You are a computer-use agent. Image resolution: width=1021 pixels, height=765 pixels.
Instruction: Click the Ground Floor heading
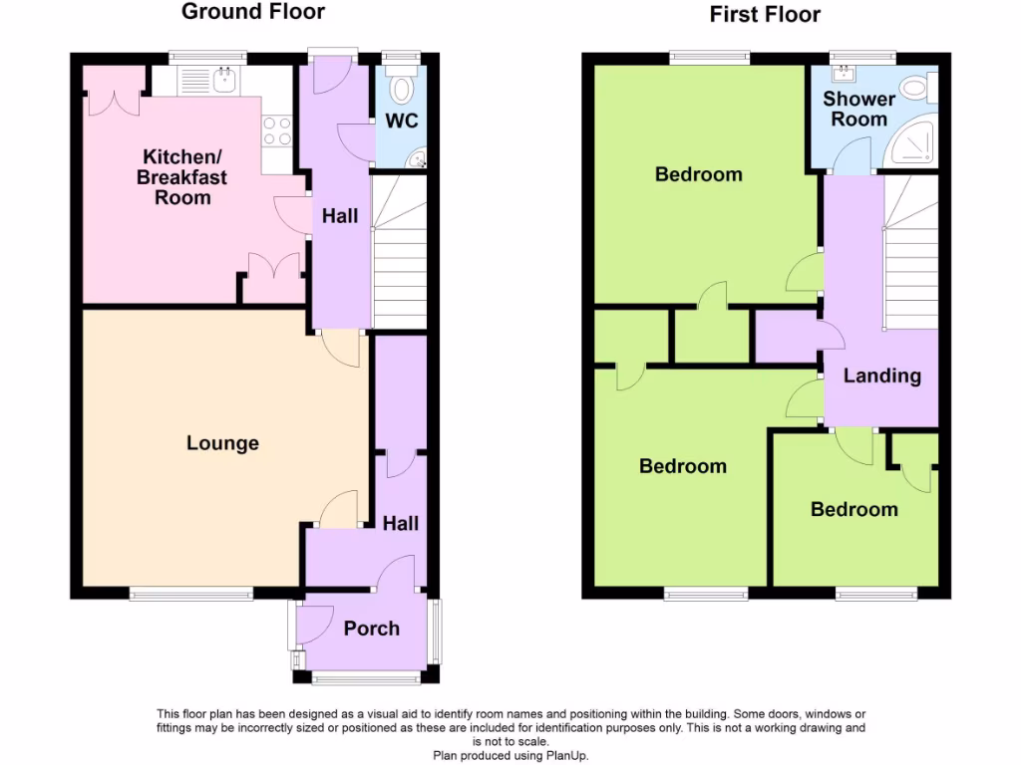[252, 12]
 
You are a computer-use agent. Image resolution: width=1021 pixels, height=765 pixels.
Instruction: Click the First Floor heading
[765, 14]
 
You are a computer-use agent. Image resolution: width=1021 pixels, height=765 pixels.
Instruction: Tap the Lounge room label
[222, 443]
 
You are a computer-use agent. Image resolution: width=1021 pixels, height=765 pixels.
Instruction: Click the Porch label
[371, 629]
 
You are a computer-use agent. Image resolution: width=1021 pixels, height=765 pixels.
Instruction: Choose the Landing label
[881, 376]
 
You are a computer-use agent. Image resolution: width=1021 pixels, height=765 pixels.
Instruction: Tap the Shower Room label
[858, 109]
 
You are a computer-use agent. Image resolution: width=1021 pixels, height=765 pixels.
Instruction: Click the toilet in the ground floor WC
[402, 89]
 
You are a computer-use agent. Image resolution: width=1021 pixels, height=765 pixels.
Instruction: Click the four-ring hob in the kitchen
[276, 131]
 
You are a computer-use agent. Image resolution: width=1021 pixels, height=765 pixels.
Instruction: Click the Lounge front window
[190, 594]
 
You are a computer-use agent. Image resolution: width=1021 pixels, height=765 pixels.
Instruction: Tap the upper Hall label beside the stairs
[339, 216]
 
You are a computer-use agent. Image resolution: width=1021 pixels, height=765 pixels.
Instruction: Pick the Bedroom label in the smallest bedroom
[853, 509]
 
